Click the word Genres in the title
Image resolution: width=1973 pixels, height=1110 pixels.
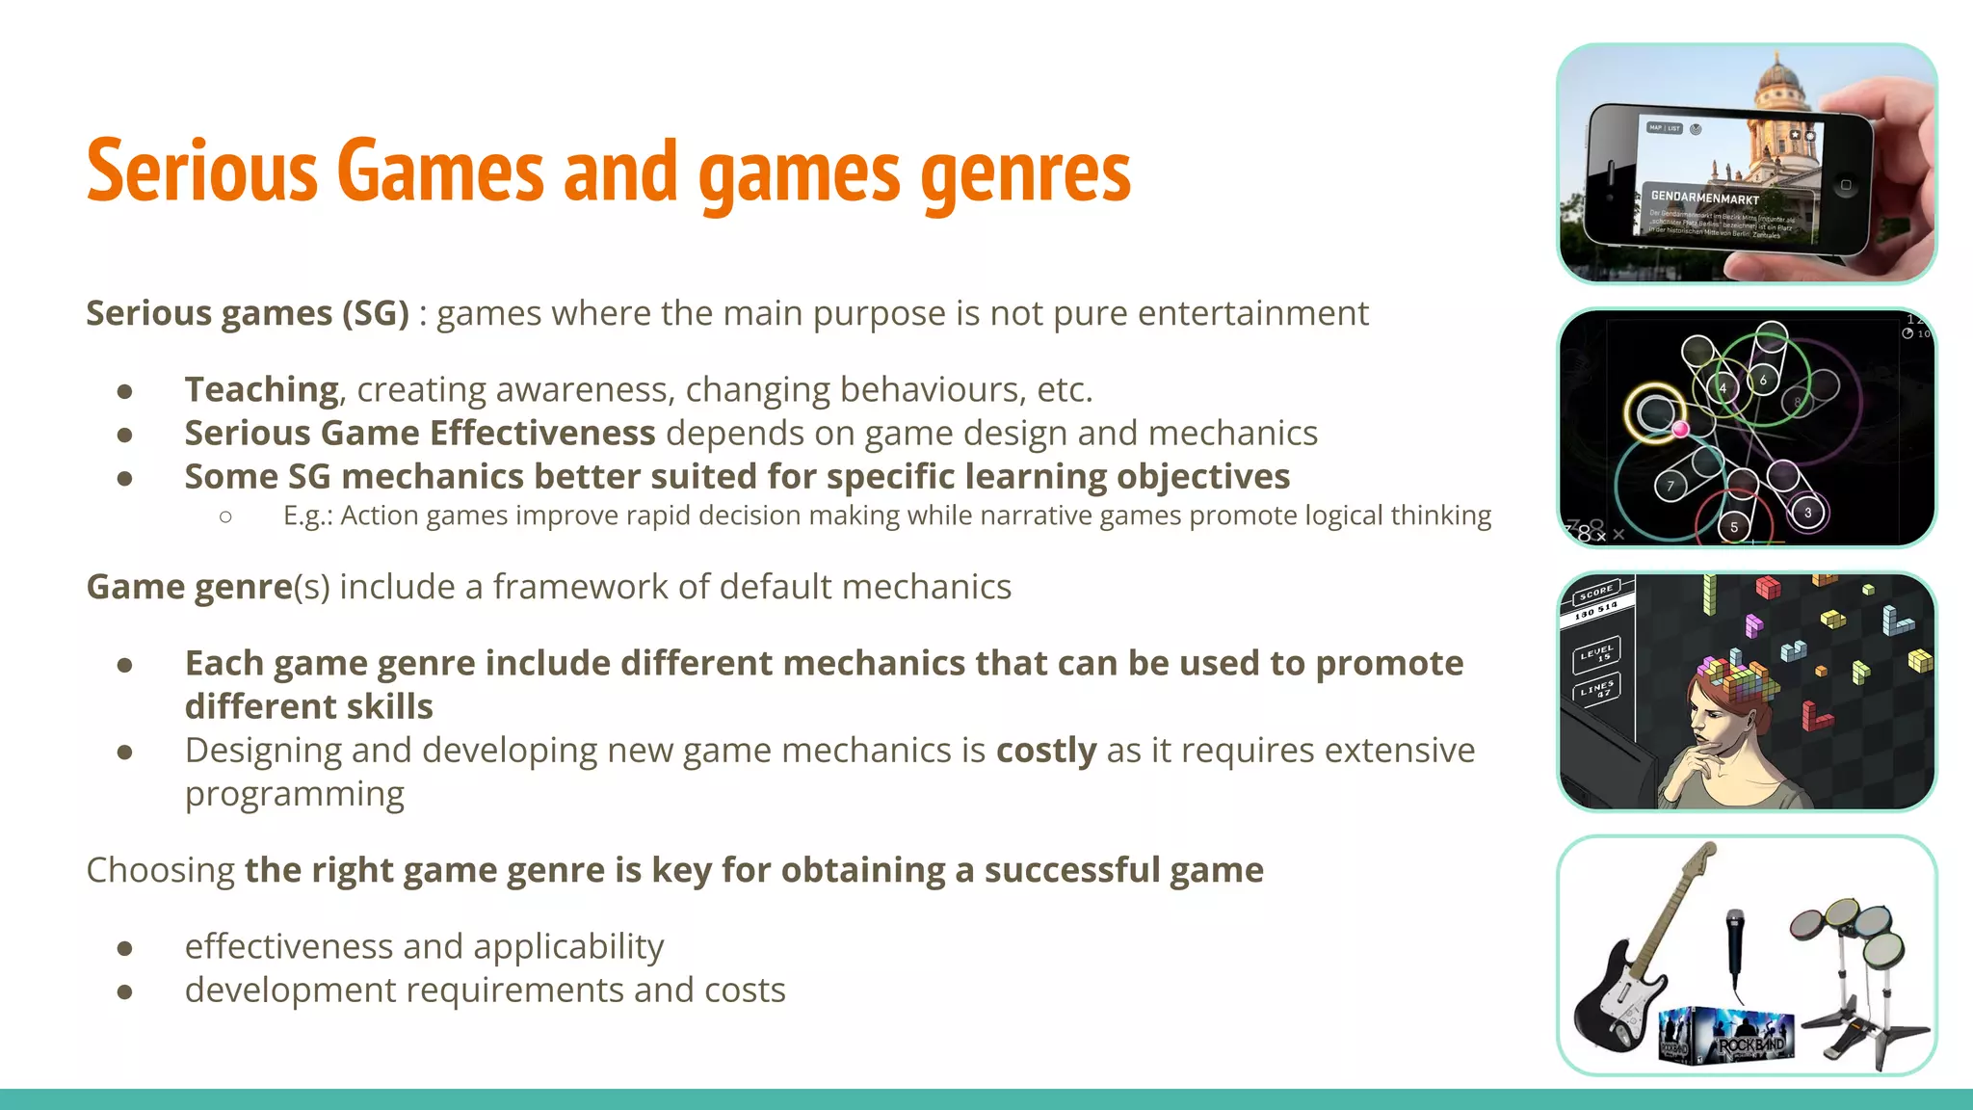(x=1025, y=173)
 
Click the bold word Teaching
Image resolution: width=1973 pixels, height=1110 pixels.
(x=261, y=389)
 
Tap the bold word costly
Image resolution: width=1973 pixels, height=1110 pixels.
(x=1046, y=751)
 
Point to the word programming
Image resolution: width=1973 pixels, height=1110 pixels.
(x=295, y=795)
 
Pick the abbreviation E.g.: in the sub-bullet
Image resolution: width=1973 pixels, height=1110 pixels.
(x=307, y=515)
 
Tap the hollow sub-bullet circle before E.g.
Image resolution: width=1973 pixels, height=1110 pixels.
(x=225, y=517)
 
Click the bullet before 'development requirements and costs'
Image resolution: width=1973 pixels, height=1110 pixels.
(x=124, y=991)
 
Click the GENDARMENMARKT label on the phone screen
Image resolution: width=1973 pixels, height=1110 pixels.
(x=1704, y=198)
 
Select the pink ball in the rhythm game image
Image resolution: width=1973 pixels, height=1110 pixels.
(x=1680, y=429)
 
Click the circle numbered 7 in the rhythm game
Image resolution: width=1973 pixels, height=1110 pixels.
(x=1670, y=486)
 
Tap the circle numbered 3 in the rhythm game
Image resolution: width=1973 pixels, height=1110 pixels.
(x=1807, y=512)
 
